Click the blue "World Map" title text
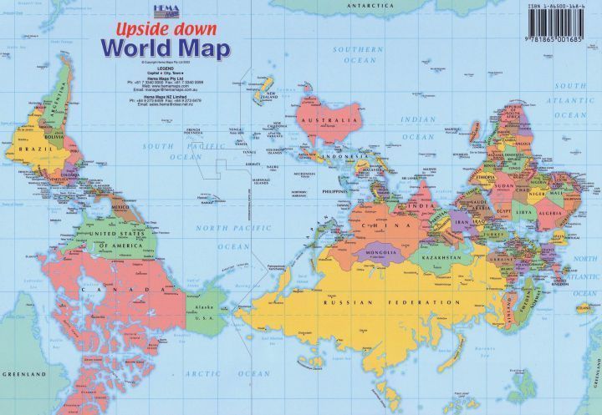tap(164, 48)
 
